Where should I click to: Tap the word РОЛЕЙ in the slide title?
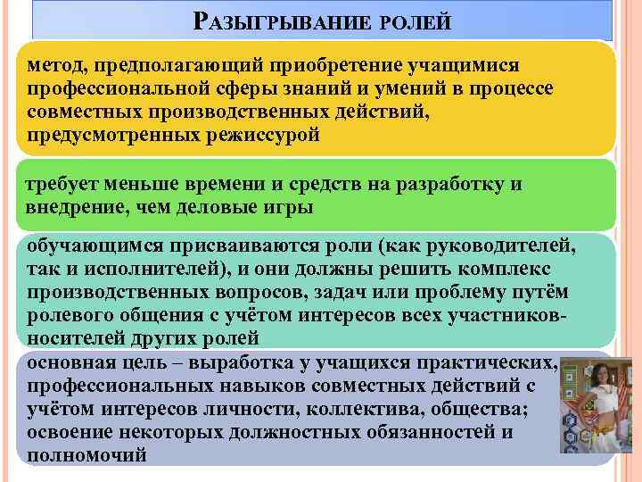pos(416,20)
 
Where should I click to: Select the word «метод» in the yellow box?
pos(54,65)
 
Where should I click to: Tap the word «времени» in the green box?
pos(233,184)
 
